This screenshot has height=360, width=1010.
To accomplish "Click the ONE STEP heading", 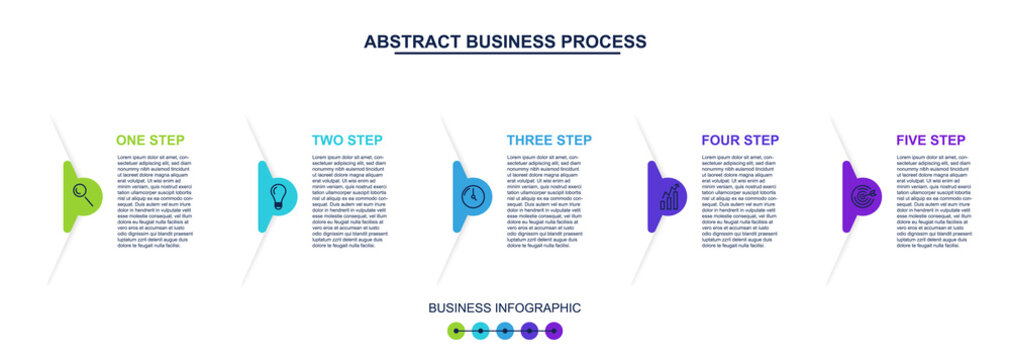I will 150,140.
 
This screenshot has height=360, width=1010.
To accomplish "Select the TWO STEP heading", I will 347,140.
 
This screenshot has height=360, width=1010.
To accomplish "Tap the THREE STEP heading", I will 549,140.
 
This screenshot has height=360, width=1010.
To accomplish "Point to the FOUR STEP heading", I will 740,140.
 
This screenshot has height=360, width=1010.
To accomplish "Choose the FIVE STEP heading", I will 931,140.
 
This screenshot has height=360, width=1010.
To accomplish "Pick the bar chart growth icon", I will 669,196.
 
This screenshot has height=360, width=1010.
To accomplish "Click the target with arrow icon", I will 863,196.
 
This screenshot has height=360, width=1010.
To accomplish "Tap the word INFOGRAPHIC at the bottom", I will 540,308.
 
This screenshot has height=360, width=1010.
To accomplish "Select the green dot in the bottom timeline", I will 456,330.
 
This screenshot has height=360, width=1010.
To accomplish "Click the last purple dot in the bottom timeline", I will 553,330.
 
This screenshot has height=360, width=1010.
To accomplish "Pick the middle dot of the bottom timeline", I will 505,330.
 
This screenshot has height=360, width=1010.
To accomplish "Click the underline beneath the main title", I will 506,54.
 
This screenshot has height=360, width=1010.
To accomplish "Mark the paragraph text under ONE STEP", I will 154,201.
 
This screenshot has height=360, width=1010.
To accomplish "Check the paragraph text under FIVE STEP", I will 934,201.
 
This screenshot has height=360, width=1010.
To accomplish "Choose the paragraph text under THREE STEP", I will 544,201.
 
